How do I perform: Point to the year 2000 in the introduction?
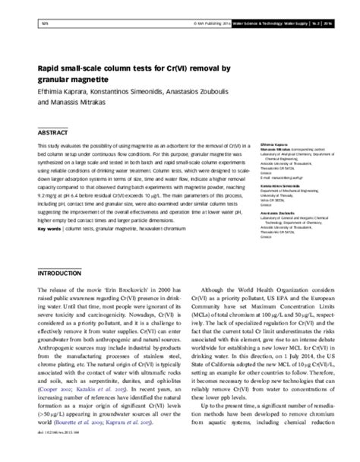click(159, 290)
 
